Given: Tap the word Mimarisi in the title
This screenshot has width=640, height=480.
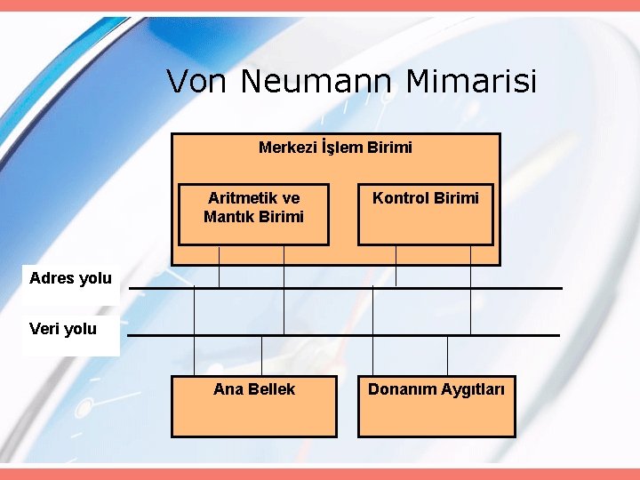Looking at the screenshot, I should (x=471, y=82).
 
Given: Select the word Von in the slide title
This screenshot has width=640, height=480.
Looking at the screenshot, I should (x=198, y=82).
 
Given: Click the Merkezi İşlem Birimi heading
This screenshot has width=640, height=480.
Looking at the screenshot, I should (x=335, y=148).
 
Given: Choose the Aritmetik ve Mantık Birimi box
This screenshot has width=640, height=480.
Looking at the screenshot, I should (x=253, y=214).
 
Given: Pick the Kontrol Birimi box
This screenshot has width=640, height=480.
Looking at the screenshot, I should (x=425, y=214).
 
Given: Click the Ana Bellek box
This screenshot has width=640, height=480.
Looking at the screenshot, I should (x=253, y=406).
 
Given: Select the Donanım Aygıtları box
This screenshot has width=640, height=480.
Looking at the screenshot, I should (x=436, y=406).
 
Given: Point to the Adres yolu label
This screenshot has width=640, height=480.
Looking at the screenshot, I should (x=70, y=278).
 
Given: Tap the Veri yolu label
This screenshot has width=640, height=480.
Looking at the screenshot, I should (x=62, y=329).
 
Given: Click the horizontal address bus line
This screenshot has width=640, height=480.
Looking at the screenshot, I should (x=347, y=288).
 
